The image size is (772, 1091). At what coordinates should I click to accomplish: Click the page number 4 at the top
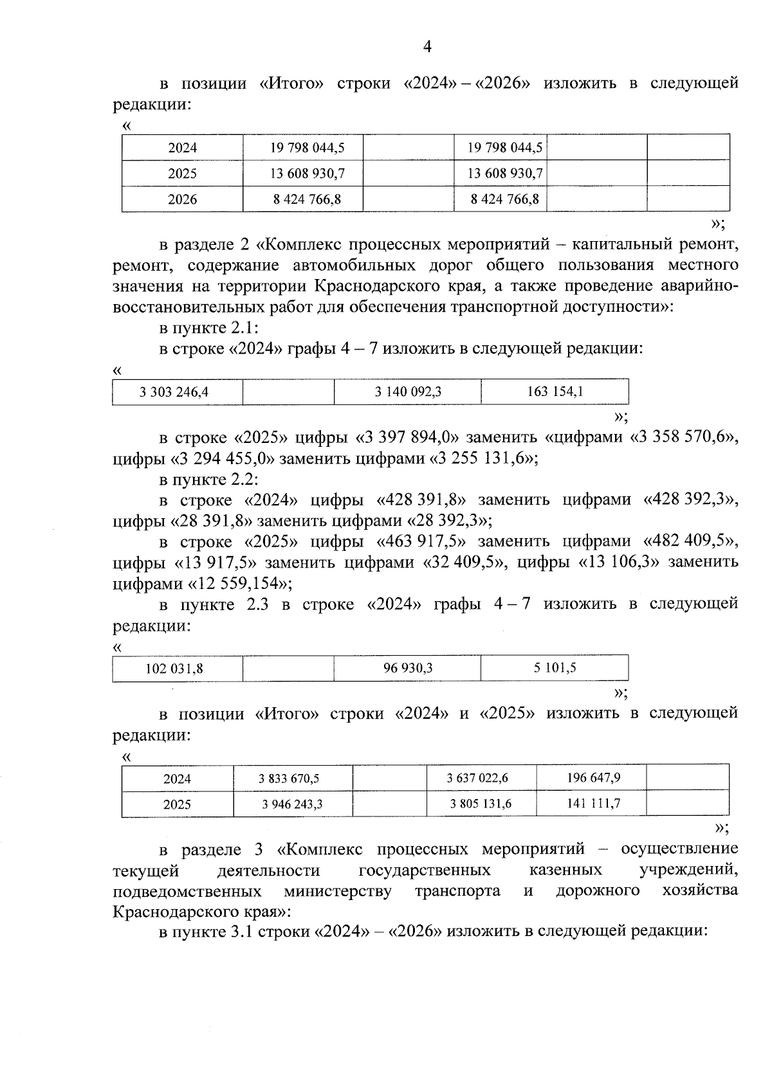click(427, 46)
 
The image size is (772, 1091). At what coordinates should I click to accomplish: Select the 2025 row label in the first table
click(183, 174)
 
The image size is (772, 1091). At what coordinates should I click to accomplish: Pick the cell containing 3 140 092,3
click(408, 392)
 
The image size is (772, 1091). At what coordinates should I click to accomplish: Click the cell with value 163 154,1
click(555, 391)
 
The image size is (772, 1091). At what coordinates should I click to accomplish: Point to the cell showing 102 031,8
click(174, 669)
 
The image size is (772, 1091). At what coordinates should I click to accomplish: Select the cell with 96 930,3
click(408, 668)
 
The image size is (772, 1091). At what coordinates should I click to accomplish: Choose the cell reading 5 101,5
click(555, 667)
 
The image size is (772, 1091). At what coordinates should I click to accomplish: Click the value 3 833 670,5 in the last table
click(289, 779)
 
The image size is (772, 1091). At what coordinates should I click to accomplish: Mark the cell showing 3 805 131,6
click(481, 804)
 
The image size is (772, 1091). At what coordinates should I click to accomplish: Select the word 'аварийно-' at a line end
click(699, 286)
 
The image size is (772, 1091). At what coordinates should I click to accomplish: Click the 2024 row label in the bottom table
click(177, 779)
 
